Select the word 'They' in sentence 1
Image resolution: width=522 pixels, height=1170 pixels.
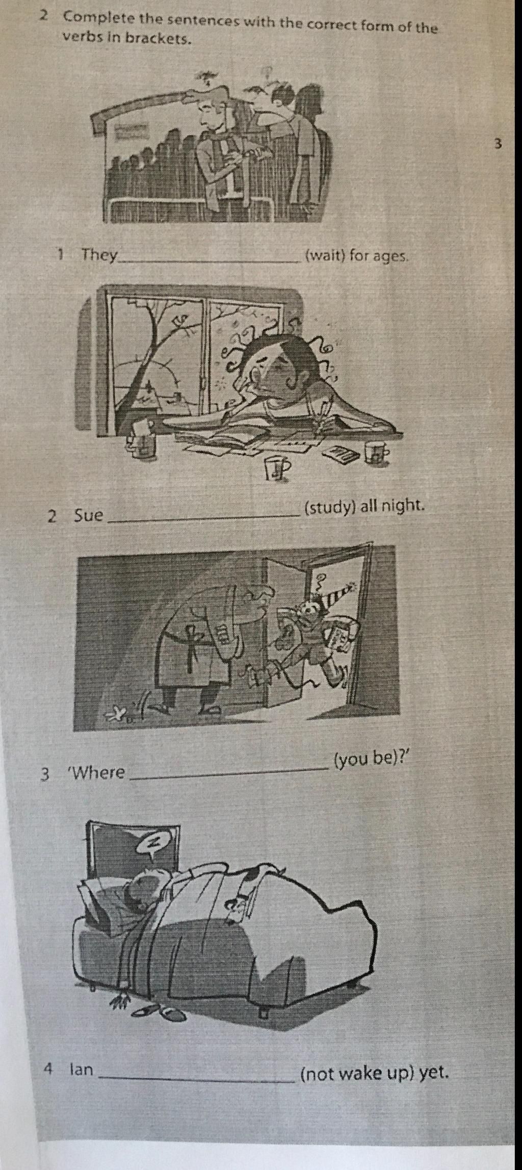coord(100,254)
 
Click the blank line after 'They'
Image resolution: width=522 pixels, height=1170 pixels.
coord(209,262)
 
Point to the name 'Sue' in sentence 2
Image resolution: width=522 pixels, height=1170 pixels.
coord(89,515)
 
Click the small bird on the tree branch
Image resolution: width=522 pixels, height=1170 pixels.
coord(179,322)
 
